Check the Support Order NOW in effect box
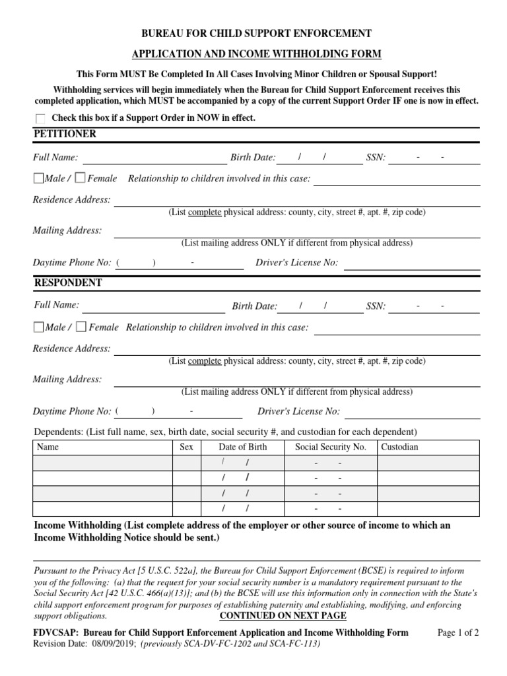(x=41, y=118)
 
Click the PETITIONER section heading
(x=65, y=134)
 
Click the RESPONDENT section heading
(x=67, y=283)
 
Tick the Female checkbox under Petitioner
(x=80, y=178)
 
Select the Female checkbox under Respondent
(x=81, y=327)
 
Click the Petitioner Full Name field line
(x=154, y=158)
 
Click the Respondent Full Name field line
(x=153, y=307)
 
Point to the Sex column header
(x=187, y=447)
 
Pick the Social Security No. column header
(x=330, y=447)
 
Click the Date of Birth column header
(x=243, y=447)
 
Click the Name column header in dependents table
(x=48, y=447)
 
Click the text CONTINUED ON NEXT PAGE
(x=283, y=616)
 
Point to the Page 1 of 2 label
(x=459, y=632)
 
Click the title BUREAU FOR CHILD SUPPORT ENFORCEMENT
(x=253, y=33)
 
